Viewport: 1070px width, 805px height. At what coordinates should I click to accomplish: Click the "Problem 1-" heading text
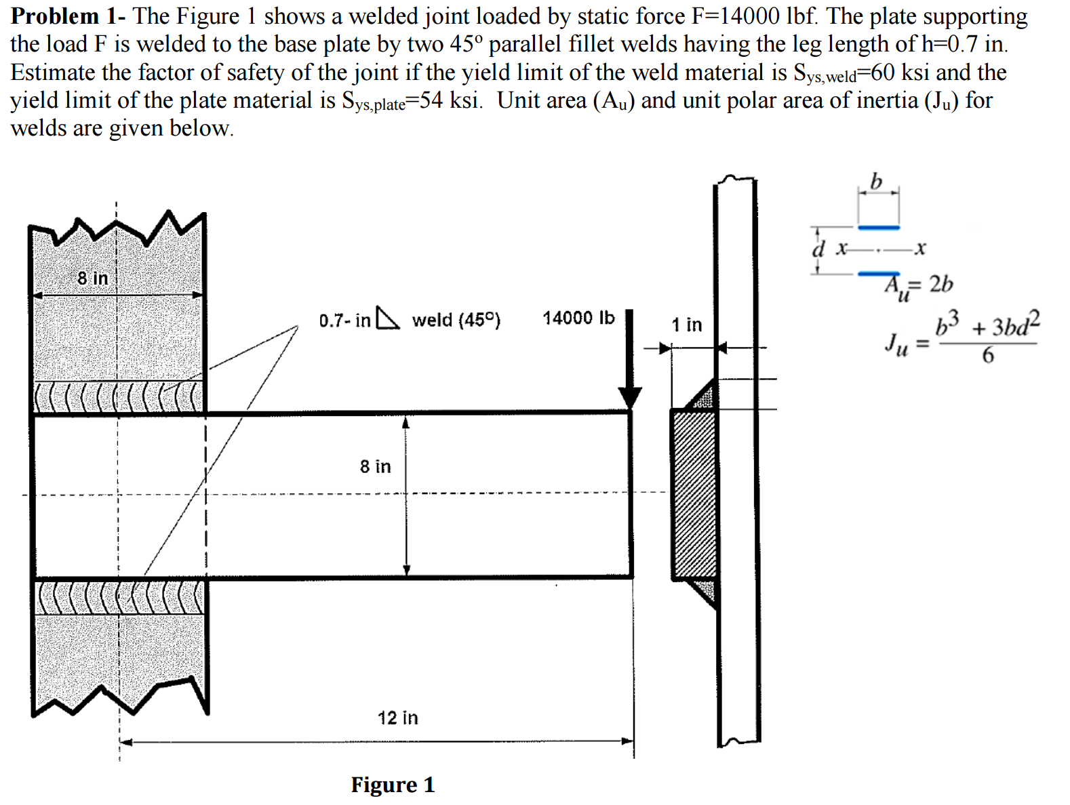(68, 16)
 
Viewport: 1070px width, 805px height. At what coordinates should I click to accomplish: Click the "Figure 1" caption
(393, 785)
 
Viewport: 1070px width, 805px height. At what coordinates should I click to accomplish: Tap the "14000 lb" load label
(578, 318)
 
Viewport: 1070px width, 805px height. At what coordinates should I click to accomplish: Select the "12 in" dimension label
(398, 718)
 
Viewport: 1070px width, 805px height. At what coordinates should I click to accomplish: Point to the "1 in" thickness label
(687, 325)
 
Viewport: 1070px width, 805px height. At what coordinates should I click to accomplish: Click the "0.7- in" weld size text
(344, 320)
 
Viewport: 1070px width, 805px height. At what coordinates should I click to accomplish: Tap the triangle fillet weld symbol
(387, 318)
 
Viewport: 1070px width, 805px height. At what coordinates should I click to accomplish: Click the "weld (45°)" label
(456, 320)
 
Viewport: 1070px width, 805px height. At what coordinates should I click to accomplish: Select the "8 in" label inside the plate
(375, 466)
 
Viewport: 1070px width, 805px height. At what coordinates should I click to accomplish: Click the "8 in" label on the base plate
(92, 278)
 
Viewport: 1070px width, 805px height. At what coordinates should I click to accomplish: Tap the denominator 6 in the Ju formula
(988, 355)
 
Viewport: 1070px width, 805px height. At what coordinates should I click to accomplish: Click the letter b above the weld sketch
(876, 182)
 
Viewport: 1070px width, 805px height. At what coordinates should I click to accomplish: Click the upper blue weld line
(878, 228)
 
